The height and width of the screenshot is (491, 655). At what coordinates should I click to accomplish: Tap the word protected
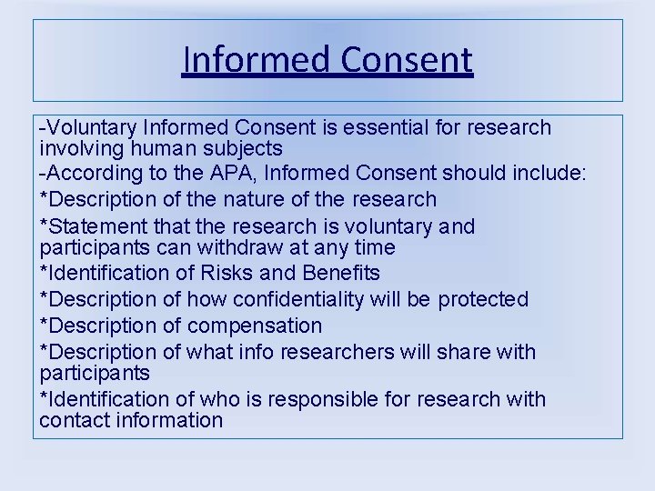(483, 299)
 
